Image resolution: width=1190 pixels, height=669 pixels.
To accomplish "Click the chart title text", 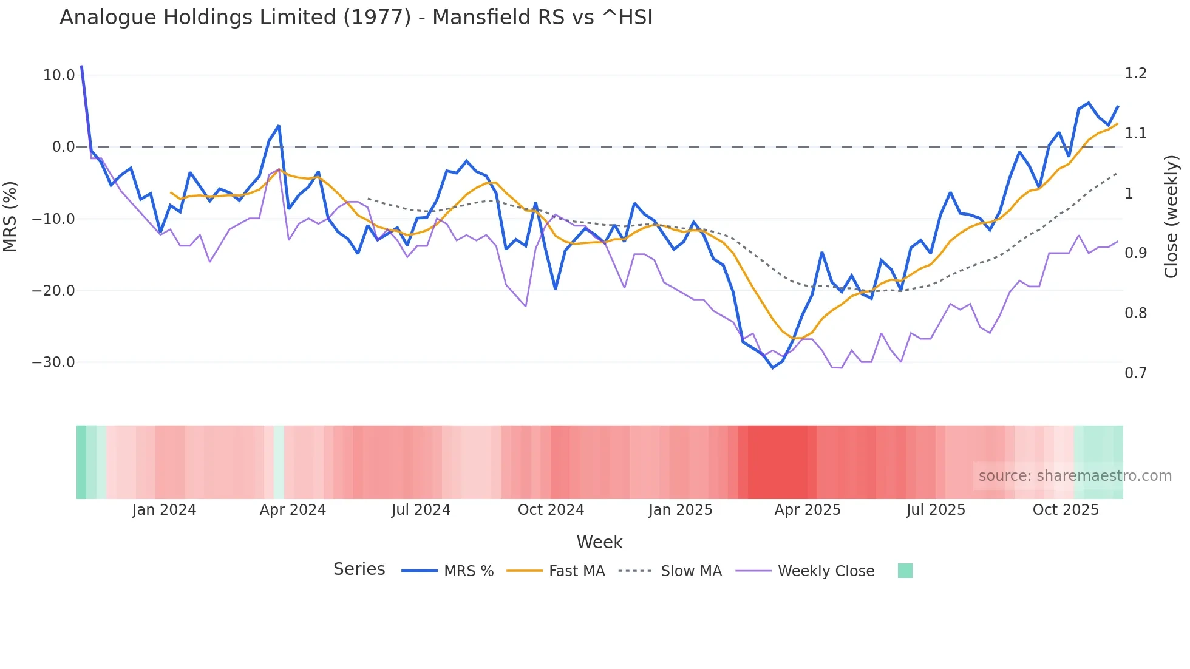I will [x=356, y=18].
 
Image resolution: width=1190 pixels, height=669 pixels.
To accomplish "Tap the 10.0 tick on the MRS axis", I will [x=59, y=75].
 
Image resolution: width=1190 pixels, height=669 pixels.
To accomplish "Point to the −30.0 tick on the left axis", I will [x=53, y=362].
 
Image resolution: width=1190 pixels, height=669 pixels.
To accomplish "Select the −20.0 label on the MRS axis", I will [x=53, y=291].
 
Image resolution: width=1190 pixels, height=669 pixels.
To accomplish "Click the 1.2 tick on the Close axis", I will [x=1135, y=73].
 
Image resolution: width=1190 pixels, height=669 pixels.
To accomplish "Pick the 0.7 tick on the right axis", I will [x=1135, y=373].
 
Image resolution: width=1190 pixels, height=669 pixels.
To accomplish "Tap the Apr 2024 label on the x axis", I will [x=293, y=510].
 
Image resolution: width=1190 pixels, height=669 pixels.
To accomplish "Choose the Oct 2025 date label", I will [x=1066, y=510].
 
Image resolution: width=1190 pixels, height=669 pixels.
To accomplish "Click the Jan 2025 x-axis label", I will [x=680, y=510].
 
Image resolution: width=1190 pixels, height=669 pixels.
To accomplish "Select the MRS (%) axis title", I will [x=10, y=216].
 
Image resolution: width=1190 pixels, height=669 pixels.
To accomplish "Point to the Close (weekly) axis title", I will [x=1171, y=216].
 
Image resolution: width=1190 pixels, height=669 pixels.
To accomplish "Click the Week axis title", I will [x=599, y=542].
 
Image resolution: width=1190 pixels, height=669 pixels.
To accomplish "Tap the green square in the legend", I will [x=905, y=571].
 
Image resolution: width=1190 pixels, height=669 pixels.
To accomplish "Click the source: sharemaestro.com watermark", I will [x=1075, y=476].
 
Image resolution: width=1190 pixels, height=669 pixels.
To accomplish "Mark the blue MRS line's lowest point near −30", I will [x=773, y=368].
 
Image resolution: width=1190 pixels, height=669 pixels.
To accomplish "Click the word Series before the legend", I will [x=359, y=569].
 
